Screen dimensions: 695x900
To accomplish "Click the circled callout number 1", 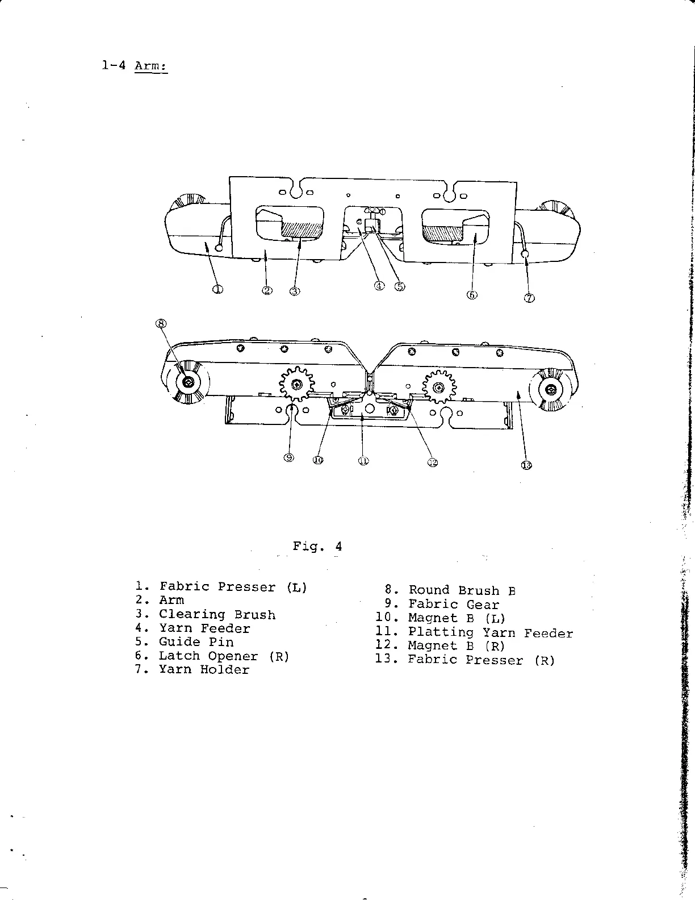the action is coord(217,289).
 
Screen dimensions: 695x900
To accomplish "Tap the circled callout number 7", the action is coord(529,298).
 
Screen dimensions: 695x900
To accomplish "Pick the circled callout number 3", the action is coord(294,291).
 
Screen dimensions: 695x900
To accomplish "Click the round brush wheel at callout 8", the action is coord(187,383).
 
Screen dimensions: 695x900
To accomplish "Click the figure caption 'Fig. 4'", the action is coord(317,547).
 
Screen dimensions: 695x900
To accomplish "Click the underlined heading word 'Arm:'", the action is coord(150,66).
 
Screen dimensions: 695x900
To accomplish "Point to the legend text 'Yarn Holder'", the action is coord(204,670).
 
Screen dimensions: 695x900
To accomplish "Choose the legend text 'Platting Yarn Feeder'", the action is coord(491,633).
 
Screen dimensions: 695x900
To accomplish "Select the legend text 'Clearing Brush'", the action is coord(217,615).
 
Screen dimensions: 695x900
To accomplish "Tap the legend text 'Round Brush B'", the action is coord(462,591).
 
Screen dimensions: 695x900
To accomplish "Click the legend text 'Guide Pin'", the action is coord(196,643).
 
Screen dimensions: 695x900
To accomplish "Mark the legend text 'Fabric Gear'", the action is coord(454,605).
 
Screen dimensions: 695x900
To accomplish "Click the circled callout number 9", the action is coord(289,458).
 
